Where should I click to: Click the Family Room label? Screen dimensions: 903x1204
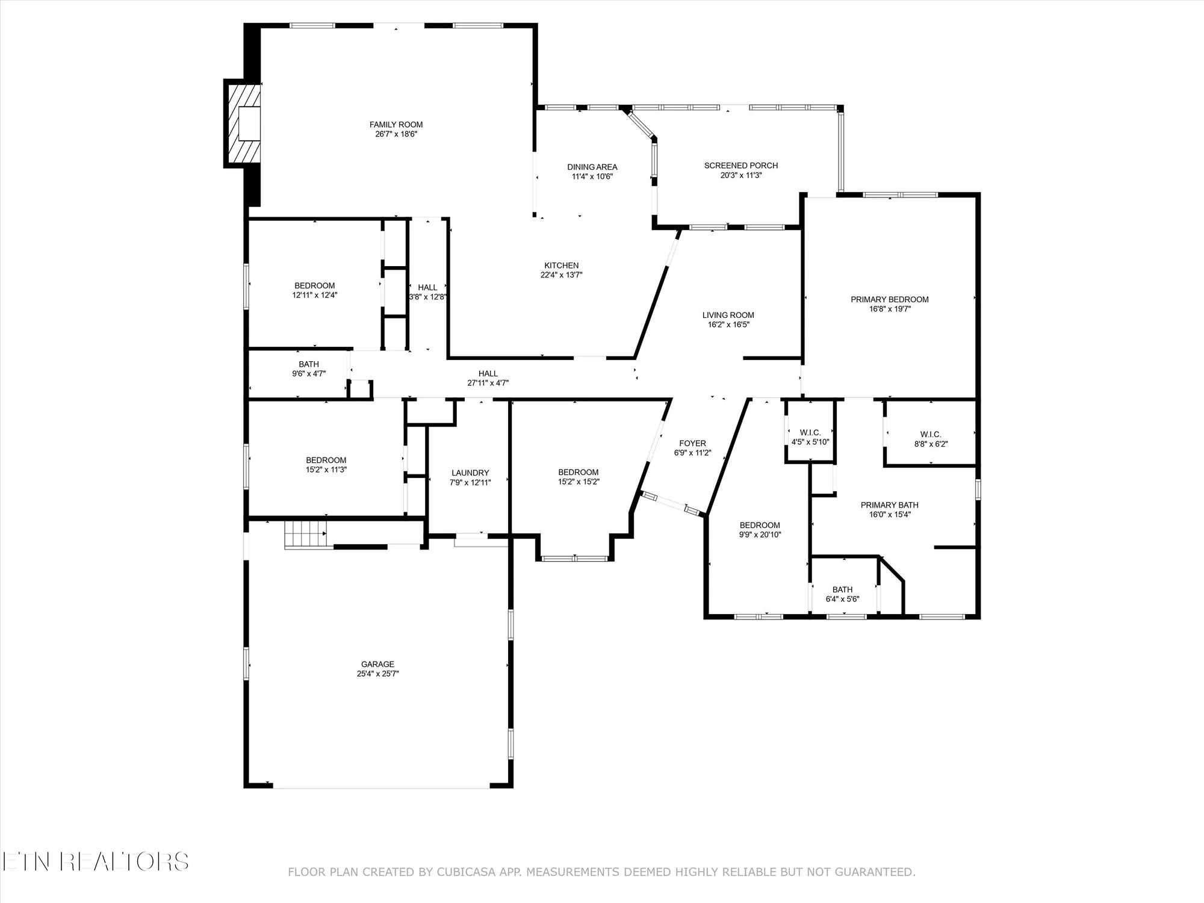click(396, 125)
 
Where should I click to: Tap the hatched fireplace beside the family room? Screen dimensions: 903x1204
click(243, 124)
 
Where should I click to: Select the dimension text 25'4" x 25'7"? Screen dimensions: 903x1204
click(377, 674)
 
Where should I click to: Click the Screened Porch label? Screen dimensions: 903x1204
click(741, 166)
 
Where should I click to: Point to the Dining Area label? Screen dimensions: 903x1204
click(592, 167)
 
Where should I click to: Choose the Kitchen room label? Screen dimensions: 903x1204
click(561, 265)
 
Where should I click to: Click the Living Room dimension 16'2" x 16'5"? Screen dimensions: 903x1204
click(728, 324)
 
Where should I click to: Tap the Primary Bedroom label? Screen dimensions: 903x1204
click(889, 299)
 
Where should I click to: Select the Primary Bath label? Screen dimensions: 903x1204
click(889, 505)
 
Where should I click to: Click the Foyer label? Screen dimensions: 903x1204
click(692, 444)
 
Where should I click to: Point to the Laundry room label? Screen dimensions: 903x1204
click(470, 473)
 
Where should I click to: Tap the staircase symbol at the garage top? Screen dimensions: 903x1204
click(305, 535)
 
